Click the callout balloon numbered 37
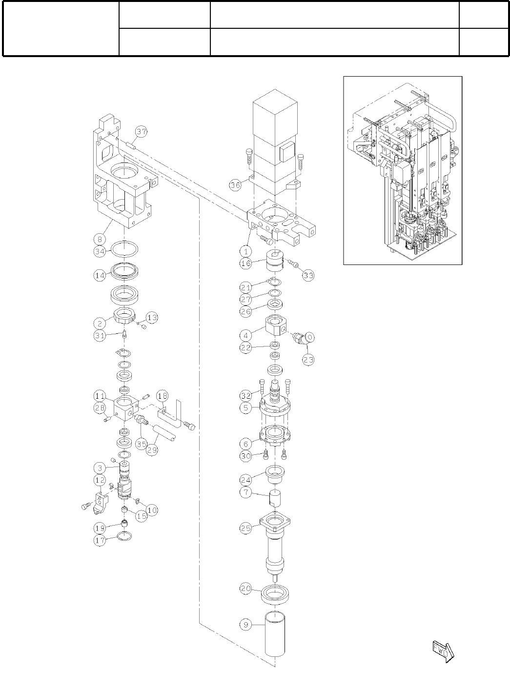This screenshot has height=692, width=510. coord(142,132)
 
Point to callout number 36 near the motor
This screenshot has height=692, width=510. coord(236,184)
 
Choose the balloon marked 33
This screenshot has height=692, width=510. coord(308,275)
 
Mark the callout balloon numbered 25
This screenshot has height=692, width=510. coord(246,528)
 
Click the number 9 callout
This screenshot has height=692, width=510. coord(246,624)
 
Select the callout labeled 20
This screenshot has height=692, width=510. coord(246,589)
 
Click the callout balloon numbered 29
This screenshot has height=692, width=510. coord(152,450)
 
